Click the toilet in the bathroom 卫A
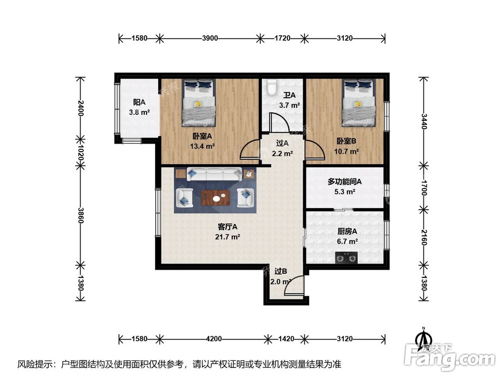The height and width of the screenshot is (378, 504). (272, 87)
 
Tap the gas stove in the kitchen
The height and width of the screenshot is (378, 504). (346, 258)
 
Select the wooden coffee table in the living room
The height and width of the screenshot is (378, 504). (215, 198)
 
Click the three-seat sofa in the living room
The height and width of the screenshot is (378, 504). (215, 174)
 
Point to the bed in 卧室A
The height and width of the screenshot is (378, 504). (199, 103)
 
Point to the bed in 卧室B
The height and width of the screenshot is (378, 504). (359, 103)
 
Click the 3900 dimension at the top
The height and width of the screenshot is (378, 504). (210, 38)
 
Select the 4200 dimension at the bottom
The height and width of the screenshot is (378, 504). (214, 339)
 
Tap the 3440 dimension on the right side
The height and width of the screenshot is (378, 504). (424, 121)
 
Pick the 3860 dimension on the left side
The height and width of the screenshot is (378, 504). (81, 216)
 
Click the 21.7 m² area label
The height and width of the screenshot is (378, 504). (228, 237)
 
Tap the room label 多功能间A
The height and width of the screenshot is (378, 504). (345, 181)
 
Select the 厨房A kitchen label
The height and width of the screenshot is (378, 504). (347, 231)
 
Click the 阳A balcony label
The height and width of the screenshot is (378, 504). (139, 102)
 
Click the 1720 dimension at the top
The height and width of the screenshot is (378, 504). (282, 38)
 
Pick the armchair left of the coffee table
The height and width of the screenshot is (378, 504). (184, 198)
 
